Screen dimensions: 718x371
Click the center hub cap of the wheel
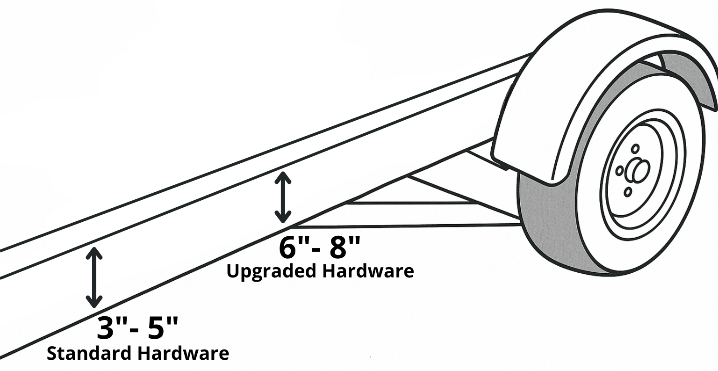click(639, 171)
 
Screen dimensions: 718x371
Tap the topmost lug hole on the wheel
click(635, 149)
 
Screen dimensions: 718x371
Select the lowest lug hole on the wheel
click(628, 191)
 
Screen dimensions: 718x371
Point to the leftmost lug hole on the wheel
click(619, 171)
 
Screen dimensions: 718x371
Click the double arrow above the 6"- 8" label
click(282, 197)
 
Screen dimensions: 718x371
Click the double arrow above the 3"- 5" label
click(94, 277)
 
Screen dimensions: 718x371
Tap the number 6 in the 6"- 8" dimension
click(289, 248)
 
